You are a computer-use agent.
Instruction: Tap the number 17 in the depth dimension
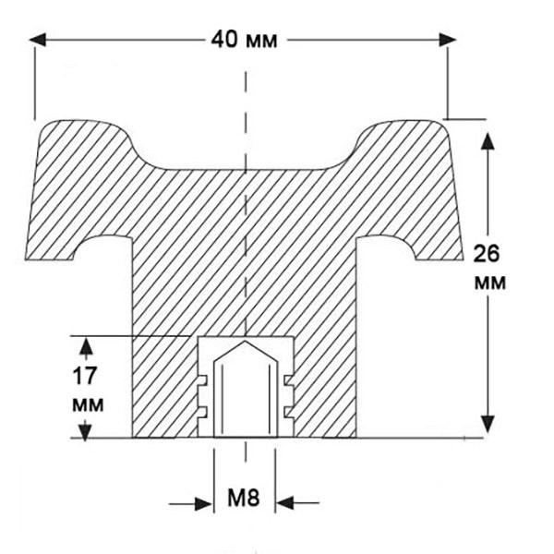tap(89, 377)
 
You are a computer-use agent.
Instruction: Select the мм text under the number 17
tap(89, 403)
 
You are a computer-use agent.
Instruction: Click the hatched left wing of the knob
tap(78, 194)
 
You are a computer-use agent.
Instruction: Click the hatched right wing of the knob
tap(411, 194)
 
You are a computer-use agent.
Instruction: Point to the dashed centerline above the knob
tap(246, 92)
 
